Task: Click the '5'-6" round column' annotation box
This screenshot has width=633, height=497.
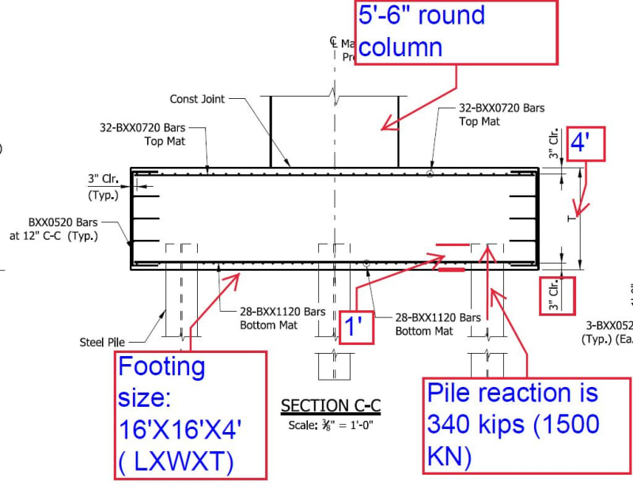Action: [x=456, y=32]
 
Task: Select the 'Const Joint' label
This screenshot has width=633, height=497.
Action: [x=197, y=100]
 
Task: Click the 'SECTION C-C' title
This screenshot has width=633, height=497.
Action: [x=331, y=406]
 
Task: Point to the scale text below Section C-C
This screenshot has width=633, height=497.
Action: [x=330, y=423]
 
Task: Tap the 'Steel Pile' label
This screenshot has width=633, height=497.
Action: [x=101, y=342]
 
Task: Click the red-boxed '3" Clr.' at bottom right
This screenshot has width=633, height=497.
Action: [x=556, y=294]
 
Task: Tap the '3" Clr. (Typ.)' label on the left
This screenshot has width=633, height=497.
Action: [x=104, y=188]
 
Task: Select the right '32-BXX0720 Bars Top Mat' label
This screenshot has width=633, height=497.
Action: [x=502, y=115]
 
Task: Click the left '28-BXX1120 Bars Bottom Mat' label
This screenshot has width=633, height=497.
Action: [x=281, y=318]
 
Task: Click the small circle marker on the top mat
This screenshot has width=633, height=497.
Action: [x=430, y=173]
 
